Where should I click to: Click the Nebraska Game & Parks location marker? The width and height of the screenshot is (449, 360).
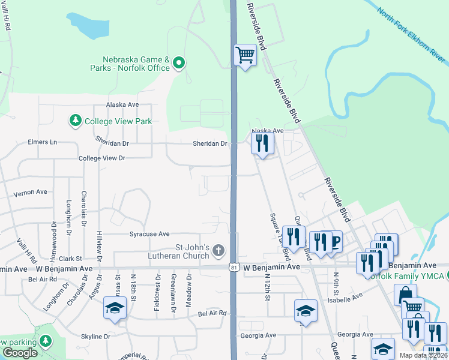click(178, 63)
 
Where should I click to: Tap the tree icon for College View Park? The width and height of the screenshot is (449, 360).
click(76, 121)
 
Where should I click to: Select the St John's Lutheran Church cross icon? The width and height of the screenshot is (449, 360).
click(219, 250)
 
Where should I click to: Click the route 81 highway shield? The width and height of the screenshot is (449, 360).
click(233, 266)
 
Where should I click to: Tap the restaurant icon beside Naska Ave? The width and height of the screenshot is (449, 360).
click(262, 143)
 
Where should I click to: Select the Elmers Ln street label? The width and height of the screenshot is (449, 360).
click(42, 142)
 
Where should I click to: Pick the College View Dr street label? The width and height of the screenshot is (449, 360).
click(101, 158)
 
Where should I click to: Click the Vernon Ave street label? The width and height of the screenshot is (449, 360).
click(30, 192)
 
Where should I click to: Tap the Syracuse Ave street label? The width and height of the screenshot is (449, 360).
click(149, 234)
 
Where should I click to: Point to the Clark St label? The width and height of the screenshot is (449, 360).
click(70, 259)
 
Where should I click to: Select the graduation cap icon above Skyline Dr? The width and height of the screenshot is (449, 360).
click(114, 308)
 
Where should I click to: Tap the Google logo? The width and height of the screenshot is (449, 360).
click(20, 353)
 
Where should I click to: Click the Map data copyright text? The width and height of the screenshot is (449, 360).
click(423, 355)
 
